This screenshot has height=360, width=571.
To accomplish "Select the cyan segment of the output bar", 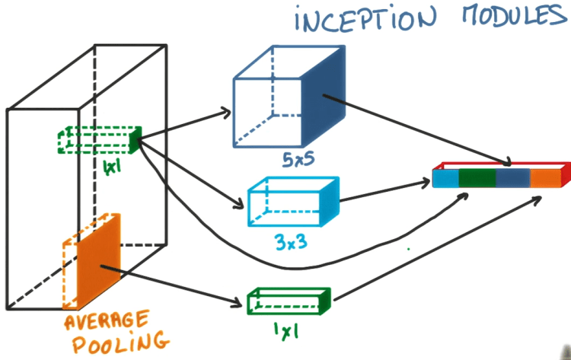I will pos(445,178).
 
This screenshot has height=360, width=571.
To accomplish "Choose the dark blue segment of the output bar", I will pos(512,178).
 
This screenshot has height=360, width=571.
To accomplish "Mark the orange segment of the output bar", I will pos(544,178).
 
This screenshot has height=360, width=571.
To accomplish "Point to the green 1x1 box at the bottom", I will pos(288,301).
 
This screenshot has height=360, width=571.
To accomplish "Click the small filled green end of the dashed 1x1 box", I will pos(136,139).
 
